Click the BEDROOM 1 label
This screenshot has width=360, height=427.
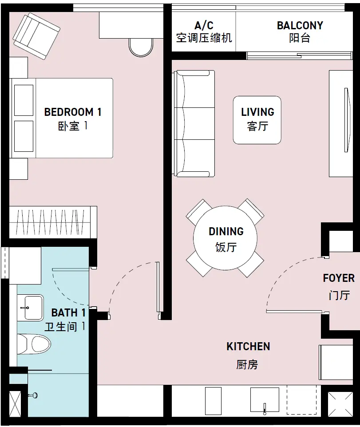pyautogui.click(x=73, y=119)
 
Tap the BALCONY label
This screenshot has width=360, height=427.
pyautogui.click(x=300, y=32)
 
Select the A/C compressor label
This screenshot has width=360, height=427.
pyautogui.click(x=204, y=32)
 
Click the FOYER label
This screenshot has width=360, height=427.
pyautogui.click(x=339, y=286)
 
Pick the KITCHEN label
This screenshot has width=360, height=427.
pyautogui.click(x=248, y=355)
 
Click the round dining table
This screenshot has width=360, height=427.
pyautogui.click(x=225, y=238)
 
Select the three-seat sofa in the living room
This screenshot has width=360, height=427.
pyautogui.click(x=194, y=124)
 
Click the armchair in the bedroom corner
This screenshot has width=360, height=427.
pyautogui.click(x=36, y=36)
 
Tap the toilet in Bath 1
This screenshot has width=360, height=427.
pyautogui.click(x=34, y=344)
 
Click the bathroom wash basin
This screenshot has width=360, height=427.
pyautogui.click(x=31, y=308)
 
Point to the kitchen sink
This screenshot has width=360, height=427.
pyautogui.click(x=265, y=400)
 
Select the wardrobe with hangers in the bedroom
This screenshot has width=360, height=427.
pyautogui.click(x=53, y=222)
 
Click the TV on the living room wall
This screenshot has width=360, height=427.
pyautogui.click(x=346, y=120)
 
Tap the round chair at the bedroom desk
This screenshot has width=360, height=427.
pyautogui.click(x=141, y=47)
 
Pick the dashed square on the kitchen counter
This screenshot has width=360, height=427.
pyautogui.click(x=301, y=399)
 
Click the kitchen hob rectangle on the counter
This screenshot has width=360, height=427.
pyautogui.click(x=213, y=401)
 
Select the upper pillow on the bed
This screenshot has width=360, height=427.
pyautogui.click(x=24, y=100)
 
